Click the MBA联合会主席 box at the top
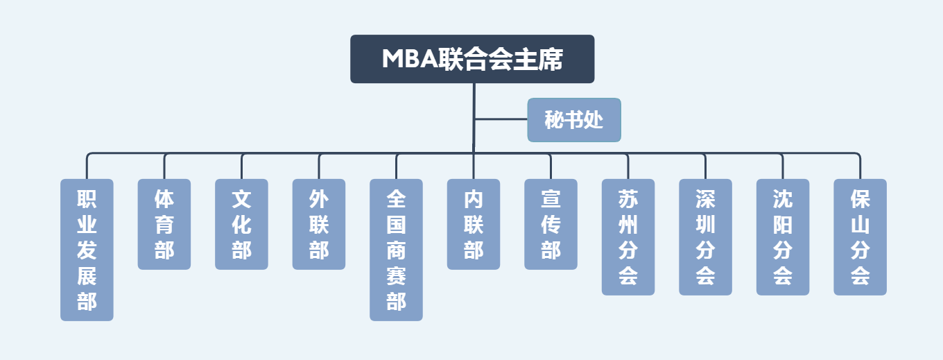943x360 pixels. tap(472, 59)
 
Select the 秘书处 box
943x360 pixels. tap(574, 120)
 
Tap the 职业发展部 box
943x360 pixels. tap(87, 250)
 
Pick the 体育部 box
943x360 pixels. tap(164, 224)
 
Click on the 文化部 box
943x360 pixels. tap(241, 224)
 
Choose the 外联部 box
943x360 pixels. tap(319, 224)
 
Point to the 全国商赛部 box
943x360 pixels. tap(396, 250)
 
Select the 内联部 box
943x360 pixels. tap(474, 224)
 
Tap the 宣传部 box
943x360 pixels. tap(551, 224)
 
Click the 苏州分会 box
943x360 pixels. tap(628, 237)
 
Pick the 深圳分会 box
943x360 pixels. tap(705, 237)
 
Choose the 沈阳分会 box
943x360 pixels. tap(783, 237)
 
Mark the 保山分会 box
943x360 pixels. tap(860, 237)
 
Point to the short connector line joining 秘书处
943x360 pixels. tap(501, 119)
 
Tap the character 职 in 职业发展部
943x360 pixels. tap(87, 200)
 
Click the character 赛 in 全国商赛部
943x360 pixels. tap(396, 276)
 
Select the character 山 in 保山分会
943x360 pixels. tap(860, 225)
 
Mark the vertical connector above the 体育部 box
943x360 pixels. tap(164, 166)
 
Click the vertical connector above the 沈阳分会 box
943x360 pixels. tap(783, 166)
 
